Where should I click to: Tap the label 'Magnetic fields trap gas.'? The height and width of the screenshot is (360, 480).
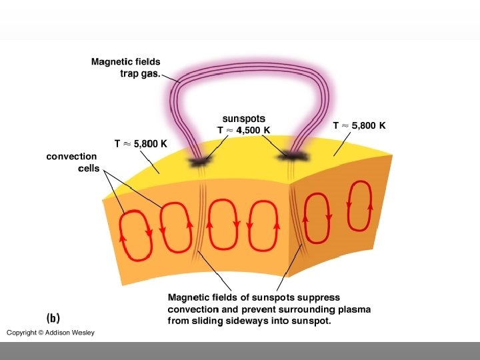tap(126, 68)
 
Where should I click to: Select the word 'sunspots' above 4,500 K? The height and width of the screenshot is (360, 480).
tap(244, 119)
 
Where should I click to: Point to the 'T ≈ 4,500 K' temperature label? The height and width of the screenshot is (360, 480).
tap(243, 129)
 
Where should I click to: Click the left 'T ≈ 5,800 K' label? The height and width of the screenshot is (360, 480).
tap(141, 143)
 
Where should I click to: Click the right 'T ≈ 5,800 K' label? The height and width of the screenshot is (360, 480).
tap(359, 125)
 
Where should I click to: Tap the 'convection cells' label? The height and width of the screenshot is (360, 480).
tap(71, 162)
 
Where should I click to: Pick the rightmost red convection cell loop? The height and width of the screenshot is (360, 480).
tap(359, 206)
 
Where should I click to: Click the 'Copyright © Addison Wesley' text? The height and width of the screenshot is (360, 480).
tap(51, 333)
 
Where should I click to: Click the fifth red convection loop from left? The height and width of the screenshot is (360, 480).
tap(316, 217)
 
